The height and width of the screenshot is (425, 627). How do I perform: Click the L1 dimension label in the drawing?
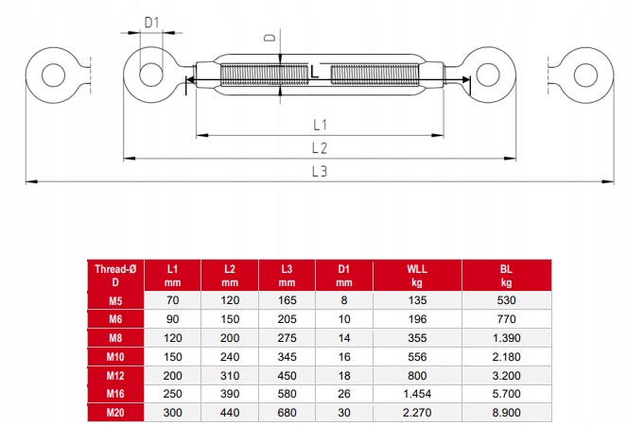tap(319, 125)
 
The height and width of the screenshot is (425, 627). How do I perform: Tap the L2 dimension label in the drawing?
tap(319, 147)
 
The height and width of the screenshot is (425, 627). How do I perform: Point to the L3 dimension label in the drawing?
tap(319, 171)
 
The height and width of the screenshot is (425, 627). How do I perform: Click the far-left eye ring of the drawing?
tap(47, 73)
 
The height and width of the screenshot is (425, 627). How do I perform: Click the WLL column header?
tap(416, 275)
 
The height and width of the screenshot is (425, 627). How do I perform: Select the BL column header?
tap(506, 275)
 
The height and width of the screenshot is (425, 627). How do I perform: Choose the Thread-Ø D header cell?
tap(115, 275)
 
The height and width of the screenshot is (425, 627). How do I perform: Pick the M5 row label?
tap(115, 301)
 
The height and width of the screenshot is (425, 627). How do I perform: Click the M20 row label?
tap(115, 412)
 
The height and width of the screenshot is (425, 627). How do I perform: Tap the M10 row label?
tap(115, 356)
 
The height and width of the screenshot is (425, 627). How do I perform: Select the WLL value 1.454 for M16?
tap(416, 393)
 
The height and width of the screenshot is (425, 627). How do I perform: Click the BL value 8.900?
tap(506, 412)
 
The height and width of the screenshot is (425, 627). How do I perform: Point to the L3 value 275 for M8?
tap(287, 338)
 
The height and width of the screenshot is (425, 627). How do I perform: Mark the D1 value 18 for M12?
tap(343, 375)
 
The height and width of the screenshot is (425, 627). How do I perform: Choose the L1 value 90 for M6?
tap(172, 319)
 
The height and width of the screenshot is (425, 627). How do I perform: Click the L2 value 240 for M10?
tap(230, 356)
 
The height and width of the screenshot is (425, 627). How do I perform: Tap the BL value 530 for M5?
tap(506, 301)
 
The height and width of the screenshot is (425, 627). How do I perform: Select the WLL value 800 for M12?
tap(416, 375)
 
